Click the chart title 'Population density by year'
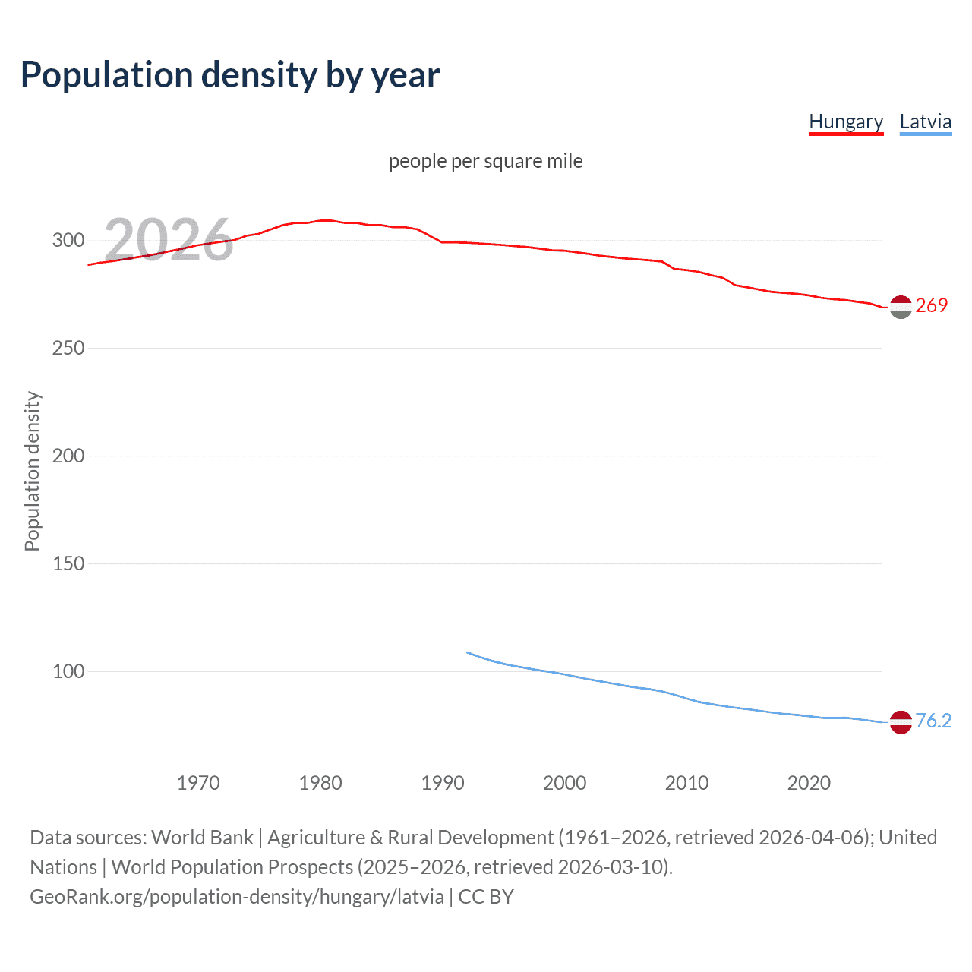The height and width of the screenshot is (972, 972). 230,75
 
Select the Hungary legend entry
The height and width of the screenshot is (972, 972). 846,121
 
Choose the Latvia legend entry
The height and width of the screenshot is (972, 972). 925,121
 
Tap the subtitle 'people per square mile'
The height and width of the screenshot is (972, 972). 485,161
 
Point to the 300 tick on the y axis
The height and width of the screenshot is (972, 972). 68,241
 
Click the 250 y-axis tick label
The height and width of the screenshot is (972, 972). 68,349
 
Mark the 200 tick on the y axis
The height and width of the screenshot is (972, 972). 68,456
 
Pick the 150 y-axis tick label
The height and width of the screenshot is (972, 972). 68,564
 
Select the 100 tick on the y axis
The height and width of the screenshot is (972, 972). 68,672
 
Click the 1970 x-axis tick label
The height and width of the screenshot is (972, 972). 198,783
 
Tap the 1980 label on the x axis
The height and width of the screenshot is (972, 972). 320,783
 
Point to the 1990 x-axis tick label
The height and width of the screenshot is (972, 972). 443,783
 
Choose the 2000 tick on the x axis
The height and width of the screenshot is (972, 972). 564,783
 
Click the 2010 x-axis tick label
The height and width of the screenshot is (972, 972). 686,783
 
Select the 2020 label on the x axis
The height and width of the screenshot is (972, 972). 809,783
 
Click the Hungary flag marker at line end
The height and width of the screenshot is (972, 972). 901,307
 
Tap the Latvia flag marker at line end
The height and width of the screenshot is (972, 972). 901,722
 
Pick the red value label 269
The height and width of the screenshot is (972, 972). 932,305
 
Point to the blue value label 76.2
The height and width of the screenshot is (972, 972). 933,721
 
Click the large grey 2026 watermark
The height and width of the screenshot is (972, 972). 169,240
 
